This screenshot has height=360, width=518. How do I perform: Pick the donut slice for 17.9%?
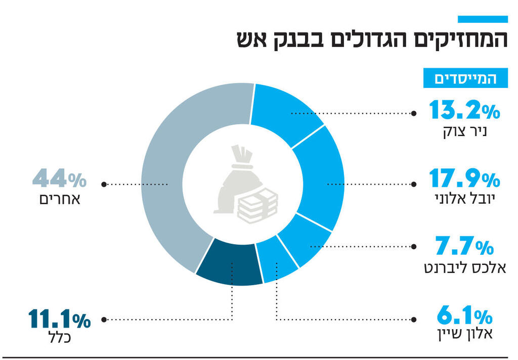pyautogui.click(x=319, y=177)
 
